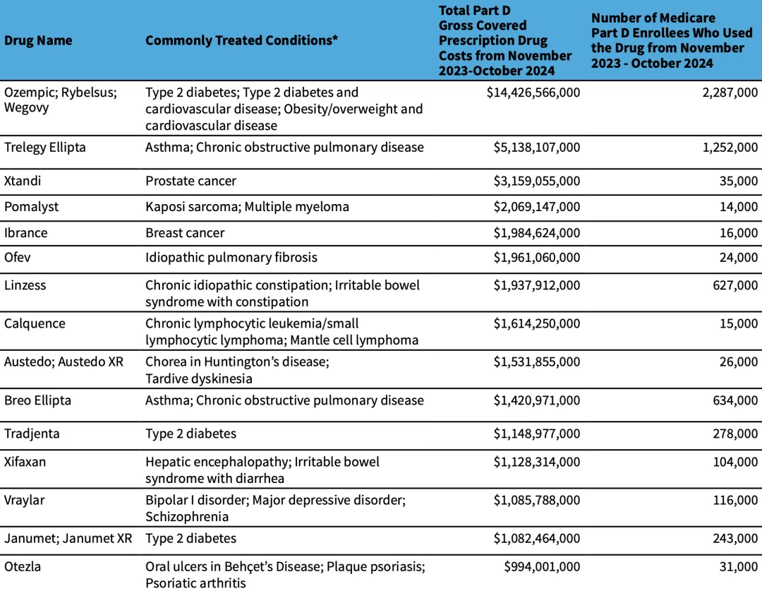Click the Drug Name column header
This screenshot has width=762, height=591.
pos(38,40)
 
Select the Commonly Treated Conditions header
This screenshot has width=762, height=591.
pos(241,40)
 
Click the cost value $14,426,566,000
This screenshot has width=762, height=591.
pos(533,92)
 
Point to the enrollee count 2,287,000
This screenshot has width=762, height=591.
pos(730,92)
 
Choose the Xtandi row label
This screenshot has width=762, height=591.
pos(23,181)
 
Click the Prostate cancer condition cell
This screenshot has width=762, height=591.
pos(190,181)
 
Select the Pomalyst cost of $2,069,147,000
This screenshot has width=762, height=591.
pos(537,207)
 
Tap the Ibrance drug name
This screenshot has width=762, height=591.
pos(26,233)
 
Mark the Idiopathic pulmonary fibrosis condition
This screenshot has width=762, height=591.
pos(231,258)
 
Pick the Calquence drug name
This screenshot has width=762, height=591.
pos(35,324)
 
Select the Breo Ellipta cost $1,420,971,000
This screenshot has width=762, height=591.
pos(537,400)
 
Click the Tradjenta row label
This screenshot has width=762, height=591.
pos(32,434)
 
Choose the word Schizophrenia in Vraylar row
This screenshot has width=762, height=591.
pos(187,517)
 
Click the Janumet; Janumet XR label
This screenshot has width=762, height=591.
pos(68,539)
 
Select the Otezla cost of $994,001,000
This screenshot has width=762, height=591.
pos(542,567)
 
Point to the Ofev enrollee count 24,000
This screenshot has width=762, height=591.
pos(739,258)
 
